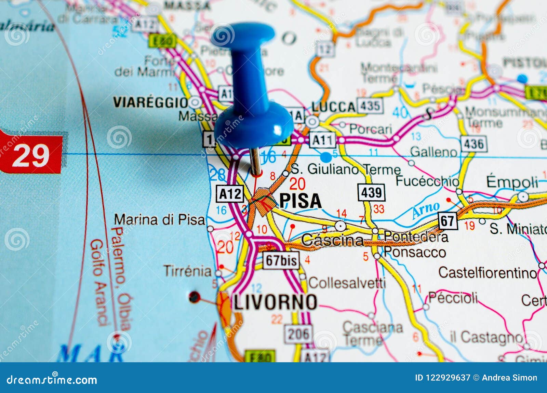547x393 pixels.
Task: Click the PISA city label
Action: point(301,201)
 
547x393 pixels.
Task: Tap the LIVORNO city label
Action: point(275,302)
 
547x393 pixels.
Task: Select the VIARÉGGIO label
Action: point(151,102)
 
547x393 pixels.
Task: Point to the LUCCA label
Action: point(333,107)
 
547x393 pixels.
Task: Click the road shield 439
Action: point(371,193)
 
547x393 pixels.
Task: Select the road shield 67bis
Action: point(281,260)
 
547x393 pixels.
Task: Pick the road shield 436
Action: point(473,144)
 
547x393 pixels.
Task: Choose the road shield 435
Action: point(370,106)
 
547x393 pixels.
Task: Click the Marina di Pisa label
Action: point(159,220)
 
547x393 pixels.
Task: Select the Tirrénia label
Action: point(188,271)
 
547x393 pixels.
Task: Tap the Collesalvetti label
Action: point(347,283)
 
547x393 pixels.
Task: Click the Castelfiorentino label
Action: point(488,273)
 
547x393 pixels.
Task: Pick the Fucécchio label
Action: point(427,181)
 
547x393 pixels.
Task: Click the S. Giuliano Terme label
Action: point(346,169)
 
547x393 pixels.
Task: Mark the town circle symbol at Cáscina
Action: point(340,226)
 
